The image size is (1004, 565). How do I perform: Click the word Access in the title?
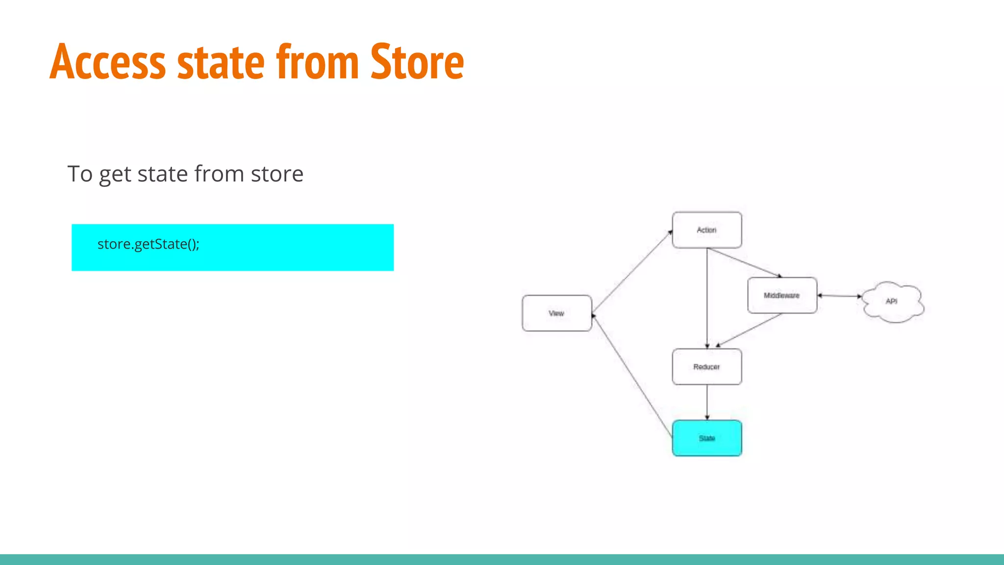(108, 63)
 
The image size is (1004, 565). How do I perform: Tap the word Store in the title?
(417, 63)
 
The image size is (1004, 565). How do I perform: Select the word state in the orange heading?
(221, 63)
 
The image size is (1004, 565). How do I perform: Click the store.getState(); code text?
(148, 244)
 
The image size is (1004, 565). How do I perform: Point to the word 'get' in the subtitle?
(115, 175)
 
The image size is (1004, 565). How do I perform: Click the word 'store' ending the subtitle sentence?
(277, 174)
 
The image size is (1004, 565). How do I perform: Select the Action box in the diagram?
(706, 230)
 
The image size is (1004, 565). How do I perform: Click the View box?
(556, 313)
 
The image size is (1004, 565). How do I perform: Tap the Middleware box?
(781, 295)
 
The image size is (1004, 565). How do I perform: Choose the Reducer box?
(706, 367)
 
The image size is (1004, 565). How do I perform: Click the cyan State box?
(706, 438)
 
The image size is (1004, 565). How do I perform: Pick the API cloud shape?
(892, 301)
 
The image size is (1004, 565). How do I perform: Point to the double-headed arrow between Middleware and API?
(839, 296)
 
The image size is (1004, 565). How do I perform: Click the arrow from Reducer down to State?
(707, 402)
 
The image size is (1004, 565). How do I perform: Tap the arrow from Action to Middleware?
(744, 262)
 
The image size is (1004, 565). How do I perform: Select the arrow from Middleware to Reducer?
(749, 330)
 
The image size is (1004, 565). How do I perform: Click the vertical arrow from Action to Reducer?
(707, 298)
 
